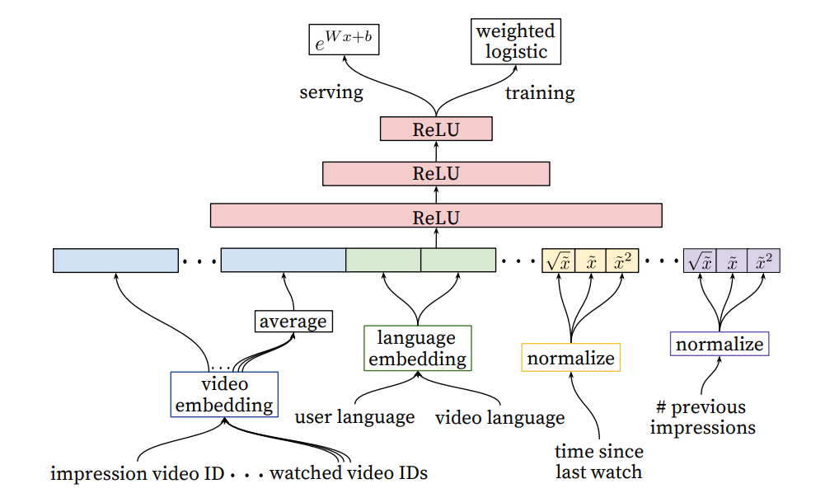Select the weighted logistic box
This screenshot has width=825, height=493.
pos(516,42)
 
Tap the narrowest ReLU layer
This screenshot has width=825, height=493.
pos(436,129)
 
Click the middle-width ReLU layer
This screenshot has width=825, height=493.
pos(436,173)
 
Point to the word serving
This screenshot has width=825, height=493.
pos(331,92)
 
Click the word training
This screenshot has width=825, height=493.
pos(540,92)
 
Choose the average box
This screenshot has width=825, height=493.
pos(293,321)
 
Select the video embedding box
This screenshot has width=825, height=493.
pos(224,395)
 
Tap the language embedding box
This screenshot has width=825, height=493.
pos(417,348)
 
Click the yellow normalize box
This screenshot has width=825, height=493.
pos(570,358)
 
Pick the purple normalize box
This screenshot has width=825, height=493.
pos(720,344)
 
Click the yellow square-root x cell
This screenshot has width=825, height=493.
pos(558,261)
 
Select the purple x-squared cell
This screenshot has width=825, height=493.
pos(763,261)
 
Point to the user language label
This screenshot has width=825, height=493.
pos(354,417)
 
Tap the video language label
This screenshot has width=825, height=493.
pos(499,417)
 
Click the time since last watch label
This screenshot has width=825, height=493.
pos(599,462)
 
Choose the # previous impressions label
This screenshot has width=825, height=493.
pos(701,417)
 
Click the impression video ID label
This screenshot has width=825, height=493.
pos(137,473)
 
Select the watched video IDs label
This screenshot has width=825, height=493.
pos(349,473)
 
